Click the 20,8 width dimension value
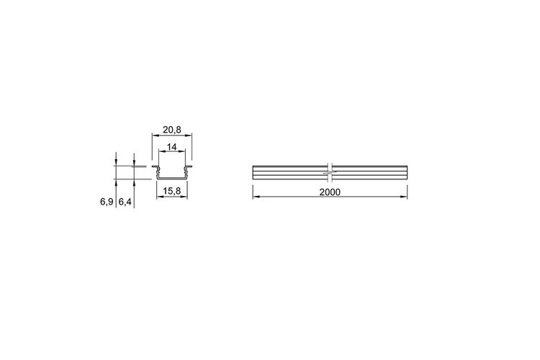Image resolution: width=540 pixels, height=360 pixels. pyautogui.click(x=171, y=130)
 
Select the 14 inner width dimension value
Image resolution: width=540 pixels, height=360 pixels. pyautogui.click(x=171, y=147)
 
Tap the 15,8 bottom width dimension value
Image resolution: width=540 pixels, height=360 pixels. pyautogui.click(x=171, y=192)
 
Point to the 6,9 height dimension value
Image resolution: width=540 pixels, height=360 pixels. pyautogui.click(x=107, y=202)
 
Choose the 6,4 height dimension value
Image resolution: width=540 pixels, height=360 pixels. pyautogui.click(x=125, y=202)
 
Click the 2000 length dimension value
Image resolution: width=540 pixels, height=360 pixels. pyautogui.click(x=330, y=192)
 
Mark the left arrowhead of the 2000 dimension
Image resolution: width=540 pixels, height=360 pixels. pyautogui.click(x=256, y=197)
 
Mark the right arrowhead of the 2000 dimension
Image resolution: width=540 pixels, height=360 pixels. pyautogui.click(x=404, y=197)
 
